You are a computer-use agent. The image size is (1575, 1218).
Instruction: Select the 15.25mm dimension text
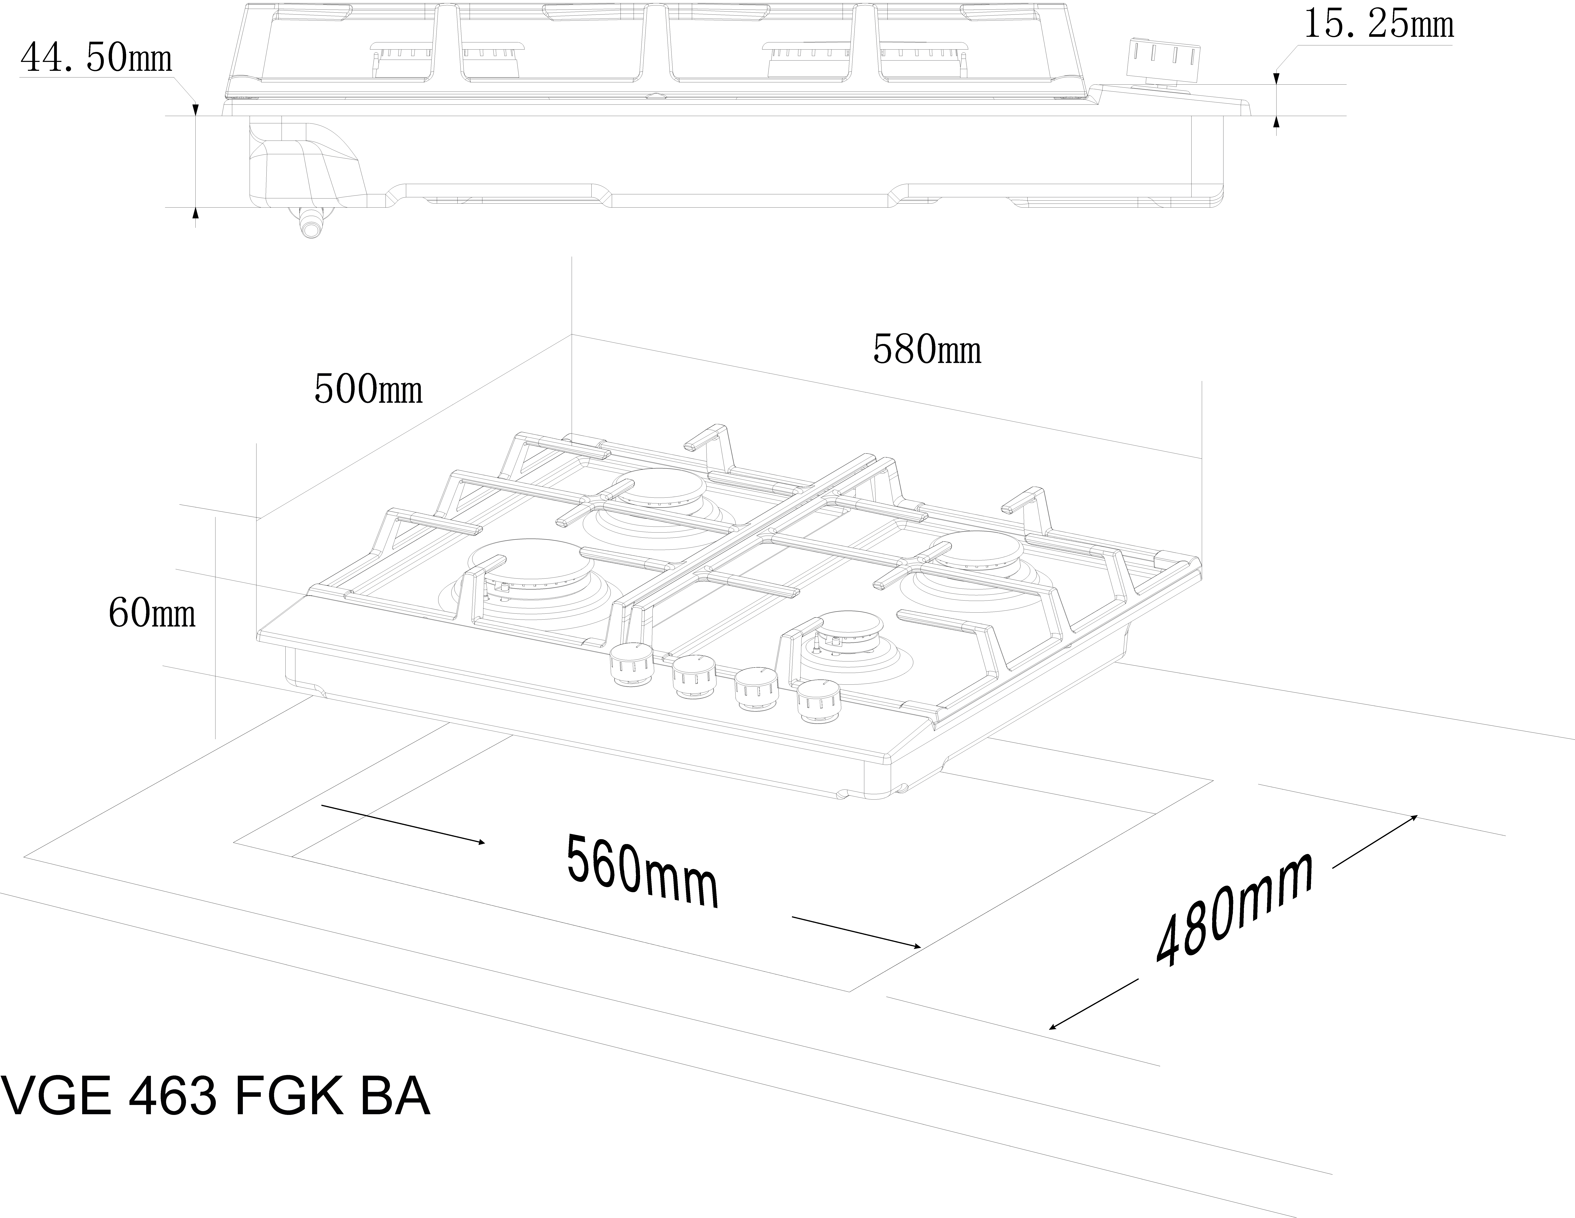click(x=1378, y=25)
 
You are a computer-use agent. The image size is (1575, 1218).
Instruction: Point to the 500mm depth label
click(x=368, y=390)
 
